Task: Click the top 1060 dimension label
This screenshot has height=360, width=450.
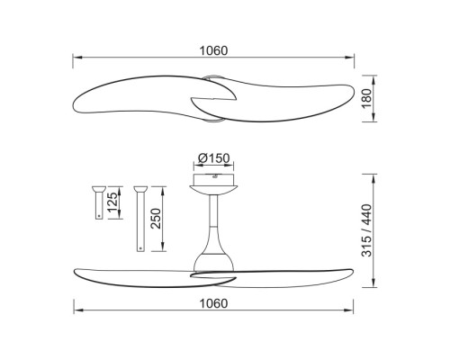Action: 213,50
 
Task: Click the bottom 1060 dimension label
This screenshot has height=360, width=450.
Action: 213,303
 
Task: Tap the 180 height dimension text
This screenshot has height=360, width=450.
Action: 366,99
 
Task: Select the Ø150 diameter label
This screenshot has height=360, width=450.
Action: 214,157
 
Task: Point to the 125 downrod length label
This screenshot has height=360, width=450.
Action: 112,202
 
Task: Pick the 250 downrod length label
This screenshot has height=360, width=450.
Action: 156,219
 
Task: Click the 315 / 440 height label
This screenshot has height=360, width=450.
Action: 366,230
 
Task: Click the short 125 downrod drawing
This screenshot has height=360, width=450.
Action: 99,202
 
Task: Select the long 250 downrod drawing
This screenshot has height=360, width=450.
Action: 140,219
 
